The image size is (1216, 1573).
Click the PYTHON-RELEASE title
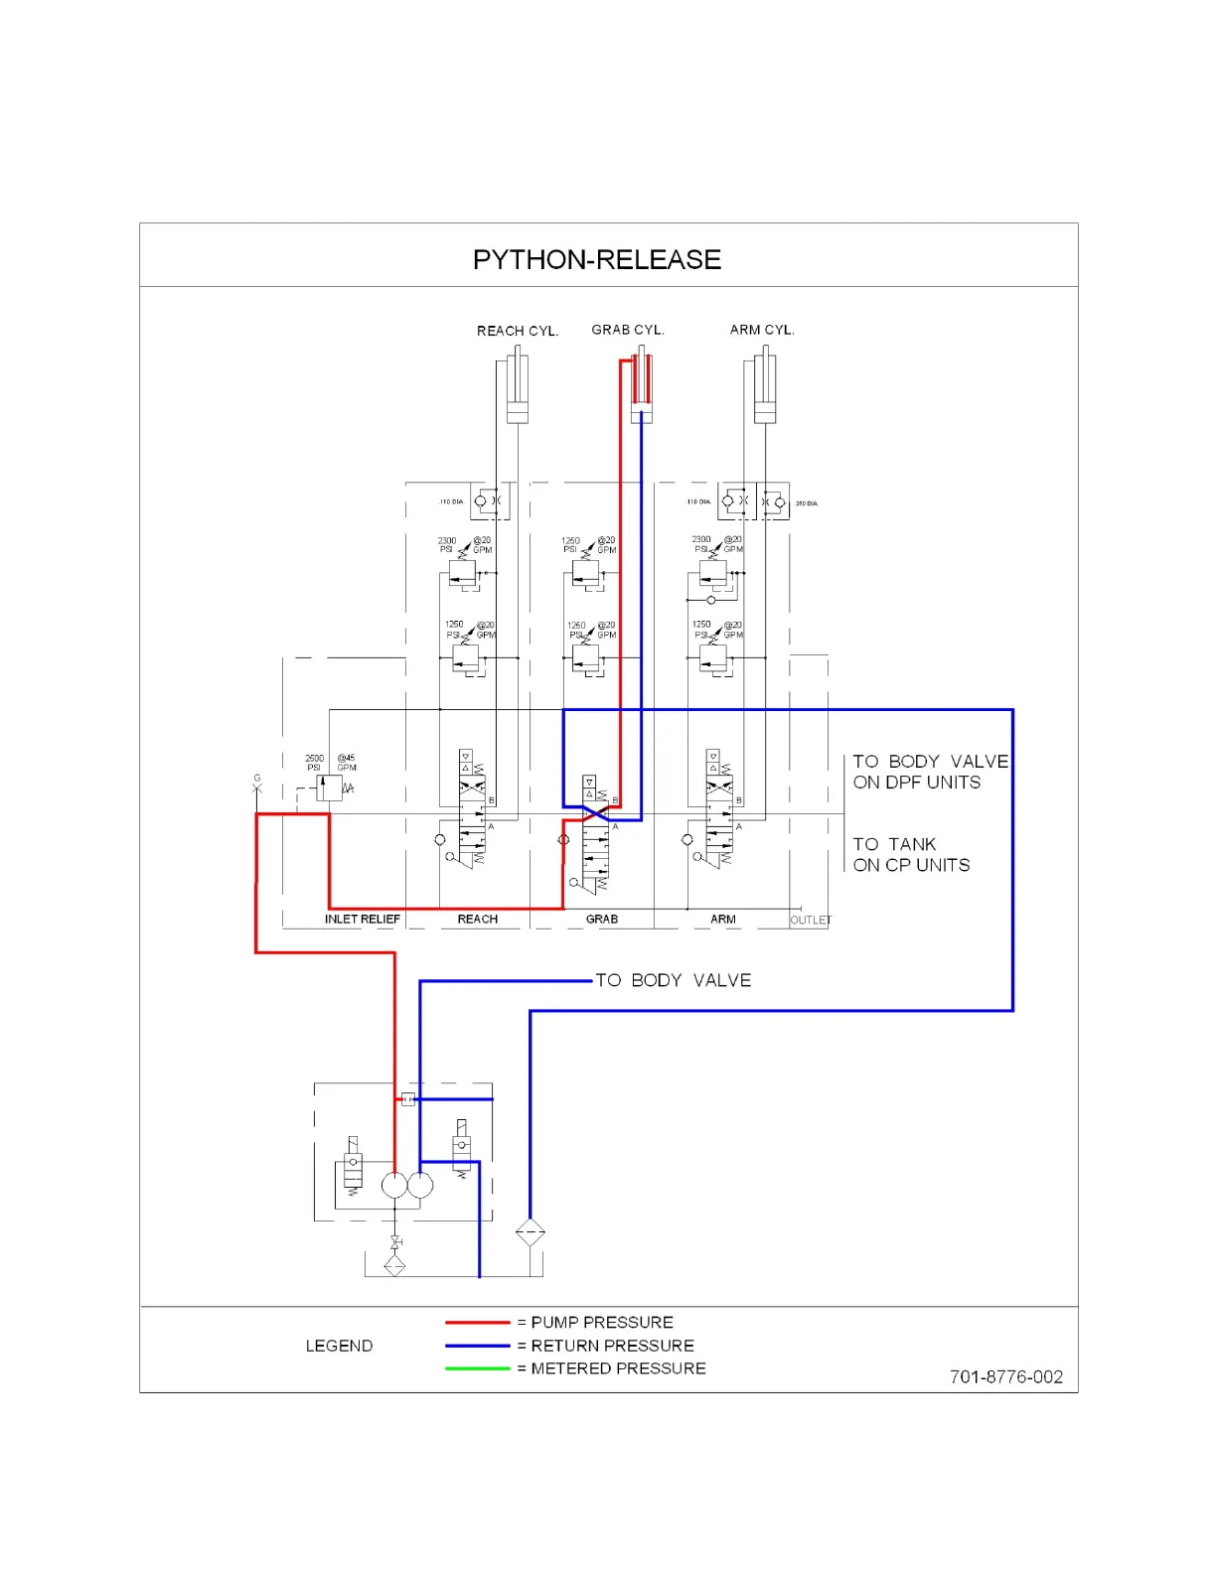596,260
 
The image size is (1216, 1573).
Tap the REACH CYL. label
517,331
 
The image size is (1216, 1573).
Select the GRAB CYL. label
627,330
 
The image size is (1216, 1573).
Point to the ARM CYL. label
762,330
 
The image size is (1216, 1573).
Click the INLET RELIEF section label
362,920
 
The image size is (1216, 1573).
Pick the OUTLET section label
810,921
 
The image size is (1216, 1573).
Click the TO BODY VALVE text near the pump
673,981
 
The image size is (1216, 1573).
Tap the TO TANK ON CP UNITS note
910,855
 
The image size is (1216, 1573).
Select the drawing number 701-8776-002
1005,1377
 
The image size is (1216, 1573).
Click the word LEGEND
339,1347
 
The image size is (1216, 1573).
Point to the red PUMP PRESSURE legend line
477,1323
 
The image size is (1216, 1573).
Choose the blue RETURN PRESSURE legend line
477,1347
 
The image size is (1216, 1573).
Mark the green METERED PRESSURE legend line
477,1368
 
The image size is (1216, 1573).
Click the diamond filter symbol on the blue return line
530,1232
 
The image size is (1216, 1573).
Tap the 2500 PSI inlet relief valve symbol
328,788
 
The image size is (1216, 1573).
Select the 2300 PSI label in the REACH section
447,545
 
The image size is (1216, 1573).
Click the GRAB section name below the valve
601,920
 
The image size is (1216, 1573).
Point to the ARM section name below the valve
722,920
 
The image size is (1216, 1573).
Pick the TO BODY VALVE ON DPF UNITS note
930,772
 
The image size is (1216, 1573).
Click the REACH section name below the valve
477,920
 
